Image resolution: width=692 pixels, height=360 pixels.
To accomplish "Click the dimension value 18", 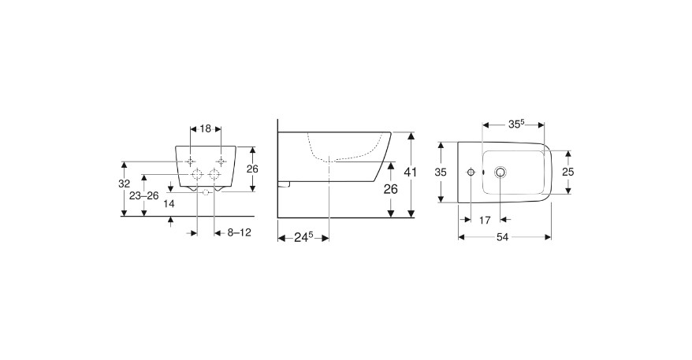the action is [206, 129].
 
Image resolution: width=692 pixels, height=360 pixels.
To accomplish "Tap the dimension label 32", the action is [125, 184].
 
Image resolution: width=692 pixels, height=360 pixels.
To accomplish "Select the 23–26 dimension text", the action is [144, 196].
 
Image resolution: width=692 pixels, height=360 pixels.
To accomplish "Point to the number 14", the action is [169, 204].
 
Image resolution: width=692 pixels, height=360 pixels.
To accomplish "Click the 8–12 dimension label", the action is [239, 232].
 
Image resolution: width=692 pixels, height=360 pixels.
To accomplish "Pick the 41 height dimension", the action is [411, 172].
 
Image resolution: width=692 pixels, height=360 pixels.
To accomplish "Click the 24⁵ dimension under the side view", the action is [303, 237].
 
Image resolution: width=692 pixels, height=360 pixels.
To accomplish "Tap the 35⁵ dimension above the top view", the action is [516, 124].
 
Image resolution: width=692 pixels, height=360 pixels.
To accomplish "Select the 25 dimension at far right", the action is [568, 172].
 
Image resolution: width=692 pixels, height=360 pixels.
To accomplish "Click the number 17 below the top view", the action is [485, 220].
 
